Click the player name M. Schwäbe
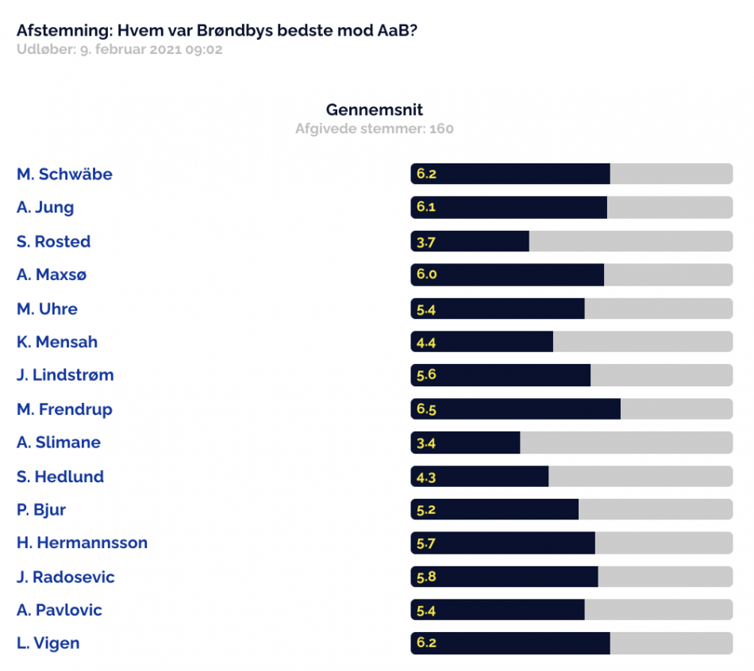coord(64,174)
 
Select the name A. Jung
coord(45,208)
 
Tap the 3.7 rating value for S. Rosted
coord(426,242)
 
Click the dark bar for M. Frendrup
coord(515,409)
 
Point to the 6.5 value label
coord(426,409)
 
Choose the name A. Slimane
coord(59,443)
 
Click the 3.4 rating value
coord(426,443)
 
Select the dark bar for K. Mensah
coord(482,342)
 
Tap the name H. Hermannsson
coord(83,543)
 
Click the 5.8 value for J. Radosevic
coord(426,577)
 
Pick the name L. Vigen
coord(48,643)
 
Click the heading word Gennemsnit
coord(375,109)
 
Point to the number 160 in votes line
coord(441,128)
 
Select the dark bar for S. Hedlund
coord(479,477)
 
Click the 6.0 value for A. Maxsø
coord(426,274)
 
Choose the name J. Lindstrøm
coord(65,375)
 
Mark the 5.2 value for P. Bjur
coord(426,510)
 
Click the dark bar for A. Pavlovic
coord(498,610)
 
